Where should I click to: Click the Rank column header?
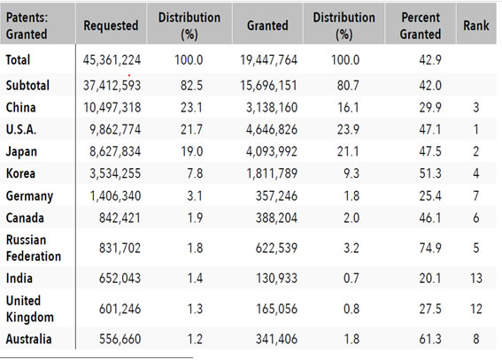coord(476,26)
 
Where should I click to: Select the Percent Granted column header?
coord(421,26)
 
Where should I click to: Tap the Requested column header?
coord(111,26)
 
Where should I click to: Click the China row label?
coord(21,107)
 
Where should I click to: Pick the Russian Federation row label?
coord(34,248)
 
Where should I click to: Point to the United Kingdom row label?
coord(30,309)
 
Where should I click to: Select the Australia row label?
coord(28,339)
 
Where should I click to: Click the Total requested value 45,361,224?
coord(112,60)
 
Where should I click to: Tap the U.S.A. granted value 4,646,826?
coord(272,129)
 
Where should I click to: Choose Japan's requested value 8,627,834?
coord(115,151)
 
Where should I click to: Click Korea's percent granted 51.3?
coord(430,173)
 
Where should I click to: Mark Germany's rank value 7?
coord(476,195)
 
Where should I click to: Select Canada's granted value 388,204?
coord(276,218)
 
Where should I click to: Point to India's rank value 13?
coord(476,278)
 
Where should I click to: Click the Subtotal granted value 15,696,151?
coord(268,86)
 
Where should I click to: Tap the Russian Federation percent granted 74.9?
coord(430,248)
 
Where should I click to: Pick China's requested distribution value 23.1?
coord(191,107)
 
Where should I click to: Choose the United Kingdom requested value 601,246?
coord(120,309)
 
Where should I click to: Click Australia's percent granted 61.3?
coord(430,339)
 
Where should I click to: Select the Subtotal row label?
coord(27,86)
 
